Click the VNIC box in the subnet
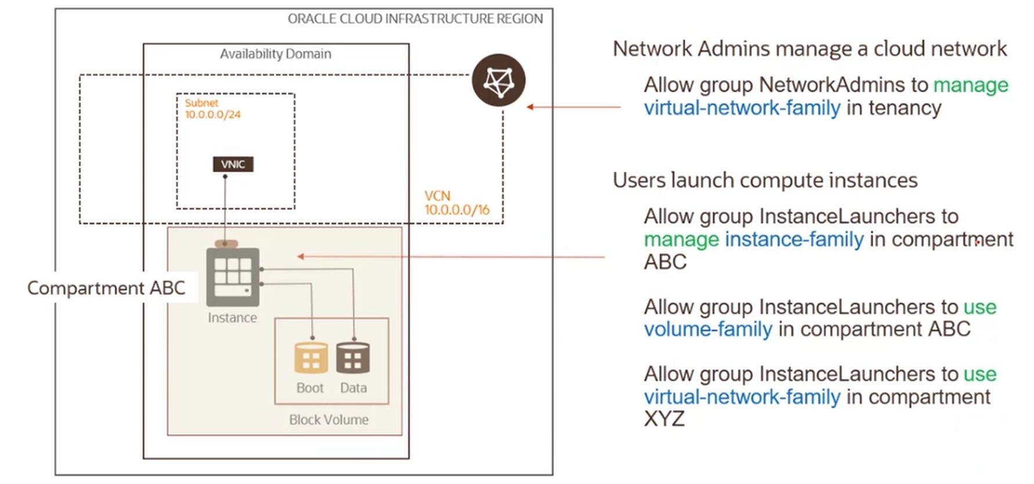[233, 164]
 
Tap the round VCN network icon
[498, 80]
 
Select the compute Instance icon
[233, 276]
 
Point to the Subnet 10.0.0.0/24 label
[212, 109]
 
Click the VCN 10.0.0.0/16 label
[457, 203]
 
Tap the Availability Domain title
[276, 54]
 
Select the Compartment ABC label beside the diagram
[106, 288]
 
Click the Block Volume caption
[328, 420]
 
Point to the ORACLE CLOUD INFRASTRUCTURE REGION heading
[415, 19]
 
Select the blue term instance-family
[794, 239]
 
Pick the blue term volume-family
[708, 329]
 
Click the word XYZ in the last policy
[664, 418]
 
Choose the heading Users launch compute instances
[765, 180]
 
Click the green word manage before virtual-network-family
[970, 85]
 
